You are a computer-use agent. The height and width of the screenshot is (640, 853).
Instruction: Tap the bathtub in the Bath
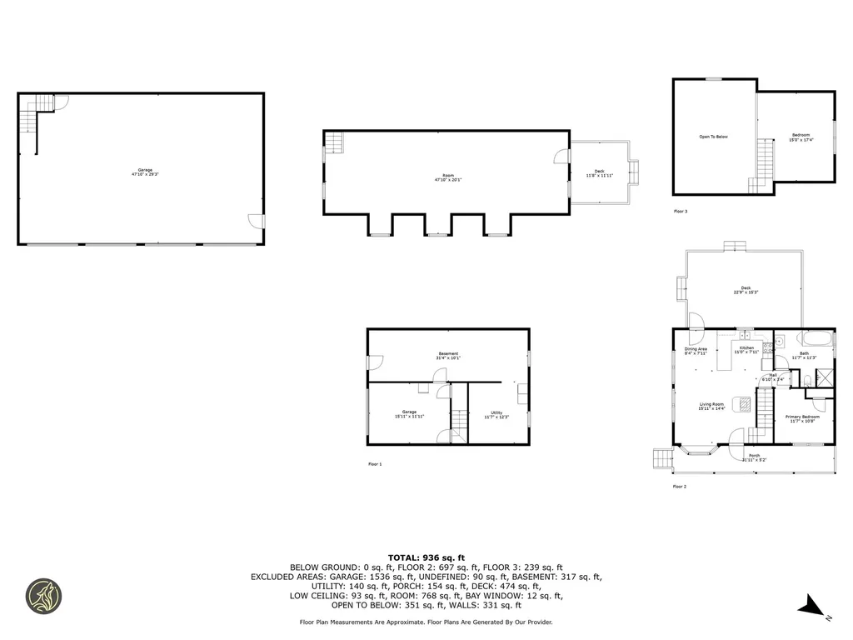click(816, 339)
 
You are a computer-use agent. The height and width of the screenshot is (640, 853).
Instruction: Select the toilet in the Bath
click(806, 381)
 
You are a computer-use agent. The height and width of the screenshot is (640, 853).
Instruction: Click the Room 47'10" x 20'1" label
click(448, 177)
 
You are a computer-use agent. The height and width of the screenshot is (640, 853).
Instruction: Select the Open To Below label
click(713, 137)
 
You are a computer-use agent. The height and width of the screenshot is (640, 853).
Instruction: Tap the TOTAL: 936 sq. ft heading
click(426, 557)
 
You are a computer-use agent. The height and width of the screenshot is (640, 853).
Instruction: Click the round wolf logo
click(43, 596)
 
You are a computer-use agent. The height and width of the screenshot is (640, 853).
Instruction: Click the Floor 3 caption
click(681, 212)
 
